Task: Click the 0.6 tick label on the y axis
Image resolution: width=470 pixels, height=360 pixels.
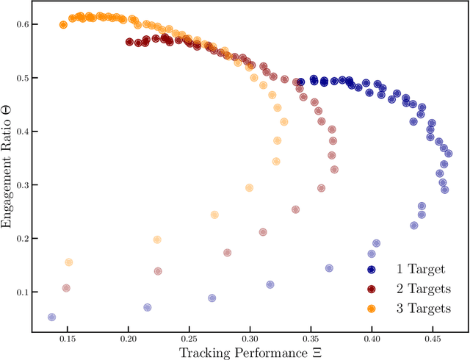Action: [21, 24]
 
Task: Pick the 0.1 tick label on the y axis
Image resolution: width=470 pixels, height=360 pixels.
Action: [21, 292]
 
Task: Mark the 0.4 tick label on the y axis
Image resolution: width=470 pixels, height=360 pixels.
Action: [21, 132]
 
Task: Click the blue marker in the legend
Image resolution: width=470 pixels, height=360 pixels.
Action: [372, 270]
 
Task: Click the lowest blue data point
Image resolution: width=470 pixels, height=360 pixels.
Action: [51, 317]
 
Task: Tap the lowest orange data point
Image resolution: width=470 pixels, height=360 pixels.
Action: [68, 262]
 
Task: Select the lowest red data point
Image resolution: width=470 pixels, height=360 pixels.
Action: [66, 289]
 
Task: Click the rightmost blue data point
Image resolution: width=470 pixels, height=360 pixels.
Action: [448, 154]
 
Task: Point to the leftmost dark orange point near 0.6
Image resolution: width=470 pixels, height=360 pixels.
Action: [63, 25]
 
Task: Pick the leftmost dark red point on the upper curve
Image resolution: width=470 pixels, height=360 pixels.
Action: [129, 42]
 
